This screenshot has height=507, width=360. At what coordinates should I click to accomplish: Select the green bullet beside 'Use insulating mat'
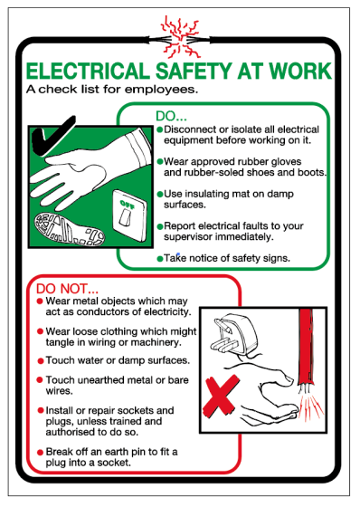pos(160,194)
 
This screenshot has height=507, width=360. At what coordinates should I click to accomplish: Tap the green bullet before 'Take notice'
pos(160,259)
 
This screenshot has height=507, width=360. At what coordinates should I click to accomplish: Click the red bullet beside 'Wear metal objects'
pos(40,301)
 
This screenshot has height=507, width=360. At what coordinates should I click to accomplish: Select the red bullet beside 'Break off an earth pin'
pos(40,453)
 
